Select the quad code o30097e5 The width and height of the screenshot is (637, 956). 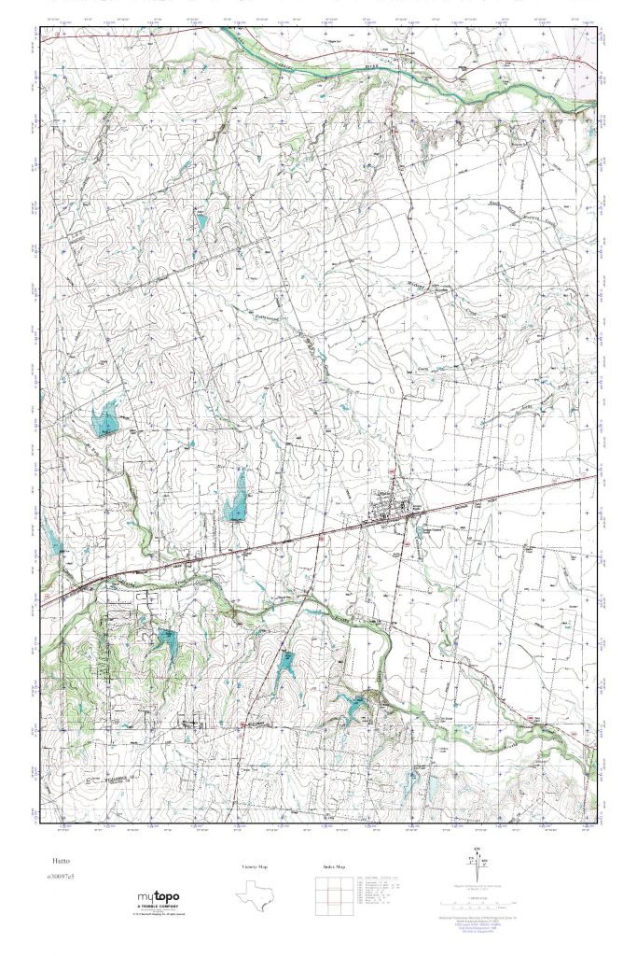(60, 878)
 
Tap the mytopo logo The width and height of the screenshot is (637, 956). (159, 898)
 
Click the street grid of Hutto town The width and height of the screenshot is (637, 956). (388, 509)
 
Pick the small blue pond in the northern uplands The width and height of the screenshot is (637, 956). (202, 224)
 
